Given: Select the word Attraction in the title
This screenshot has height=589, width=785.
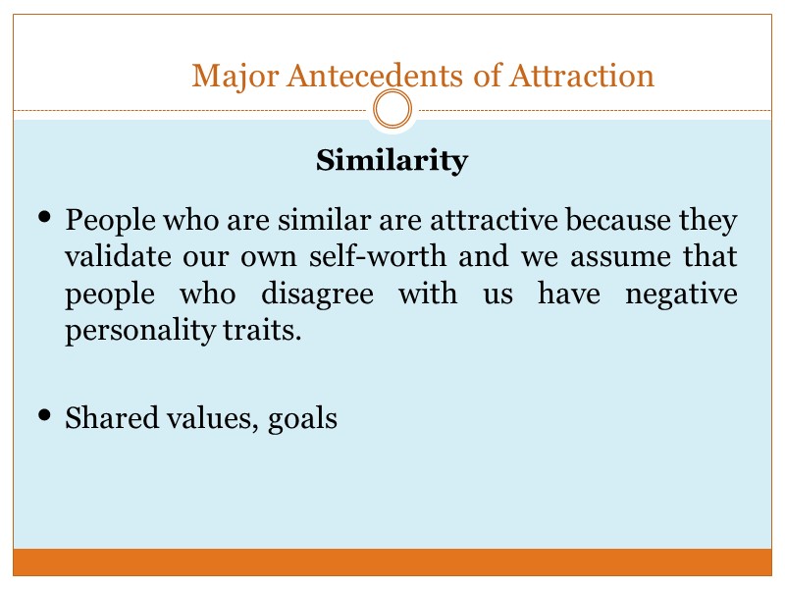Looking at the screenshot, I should pos(583,75).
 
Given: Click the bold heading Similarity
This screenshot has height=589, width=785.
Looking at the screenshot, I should pos(392,160).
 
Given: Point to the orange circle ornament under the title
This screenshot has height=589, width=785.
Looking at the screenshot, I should pos(392,110).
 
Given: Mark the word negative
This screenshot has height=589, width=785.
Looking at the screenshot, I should pos(684,294).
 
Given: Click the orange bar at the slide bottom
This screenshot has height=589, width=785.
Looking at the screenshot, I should pos(392,562).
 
